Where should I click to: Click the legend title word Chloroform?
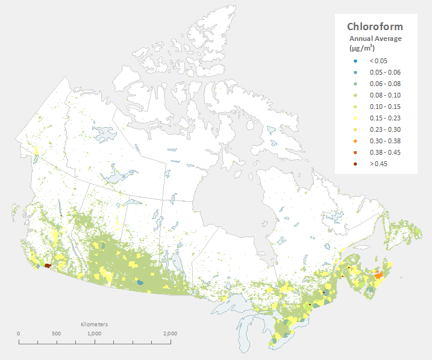click(375, 27)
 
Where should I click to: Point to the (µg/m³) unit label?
click(362, 48)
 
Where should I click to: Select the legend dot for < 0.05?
click(355, 61)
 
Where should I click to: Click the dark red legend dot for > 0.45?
click(355, 164)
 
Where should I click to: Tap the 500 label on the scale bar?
click(56, 334)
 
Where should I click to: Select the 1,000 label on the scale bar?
click(94, 334)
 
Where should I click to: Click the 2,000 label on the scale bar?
click(169, 334)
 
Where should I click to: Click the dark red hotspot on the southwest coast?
click(48, 265)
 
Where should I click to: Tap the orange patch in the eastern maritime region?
click(378, 275)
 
